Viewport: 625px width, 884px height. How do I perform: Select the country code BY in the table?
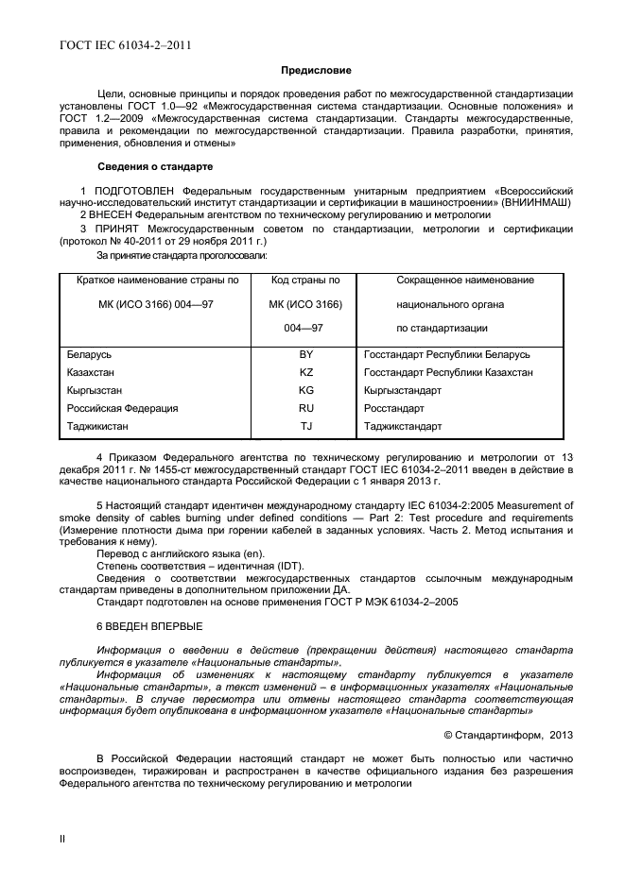point(305,354)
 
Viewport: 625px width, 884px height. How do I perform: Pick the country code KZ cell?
point(305,372)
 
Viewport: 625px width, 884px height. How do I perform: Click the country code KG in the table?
point(305,390)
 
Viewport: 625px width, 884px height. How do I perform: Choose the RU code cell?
point(305,408)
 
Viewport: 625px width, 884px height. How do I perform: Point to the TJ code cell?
point(305,426)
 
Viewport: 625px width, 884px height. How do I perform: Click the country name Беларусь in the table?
point(90,354)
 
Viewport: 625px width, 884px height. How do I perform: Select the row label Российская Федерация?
point(122,408)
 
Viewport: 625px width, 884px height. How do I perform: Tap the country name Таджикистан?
point(98,426)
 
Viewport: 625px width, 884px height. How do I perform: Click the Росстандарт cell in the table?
point(393,408)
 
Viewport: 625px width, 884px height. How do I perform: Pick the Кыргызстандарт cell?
point(402,390)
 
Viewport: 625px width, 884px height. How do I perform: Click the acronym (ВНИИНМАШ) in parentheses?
point(536,202)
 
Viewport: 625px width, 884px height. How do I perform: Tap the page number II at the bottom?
point(62,837)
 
